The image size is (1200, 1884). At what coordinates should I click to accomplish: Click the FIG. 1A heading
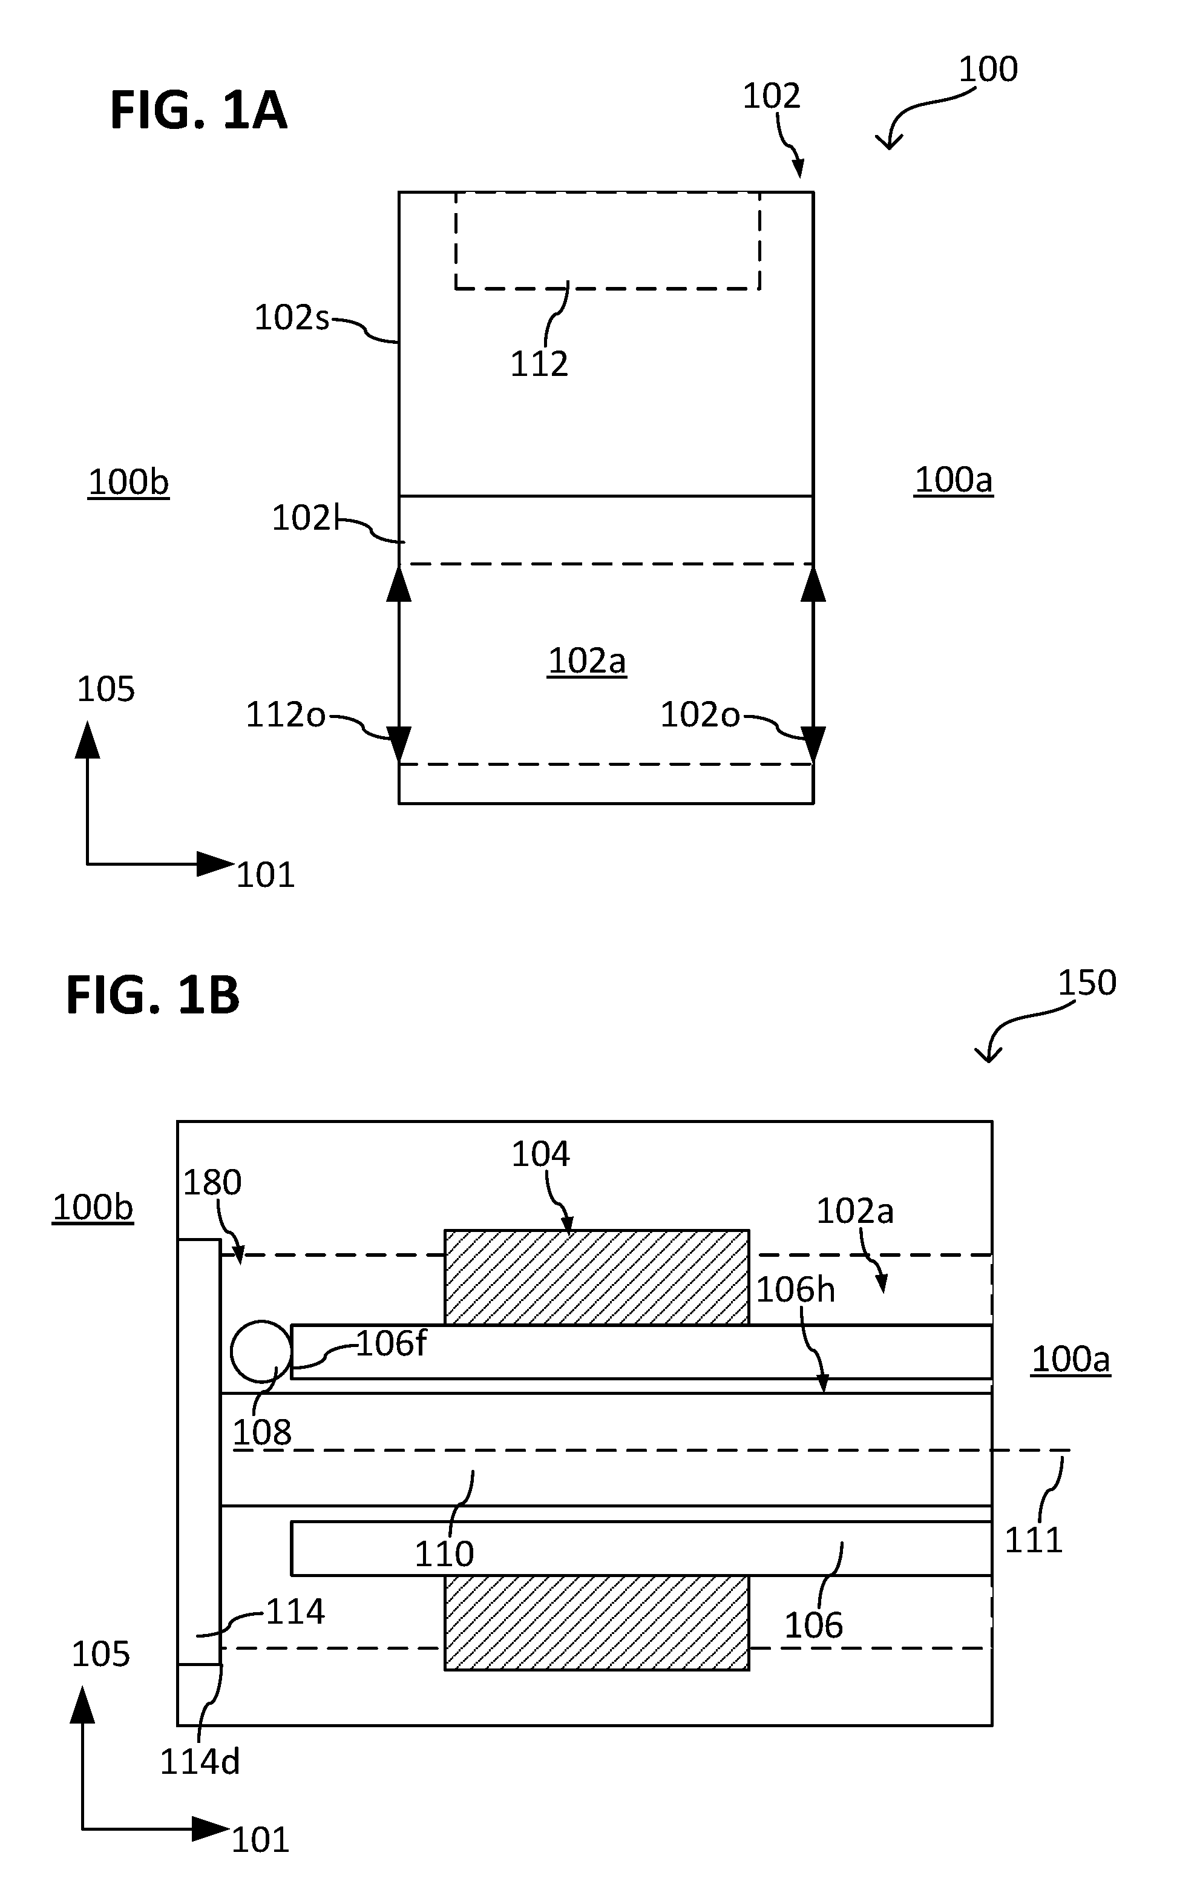point(198,110)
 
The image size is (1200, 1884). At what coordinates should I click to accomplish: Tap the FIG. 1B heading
point(152,995)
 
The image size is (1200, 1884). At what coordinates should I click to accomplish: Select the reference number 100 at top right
point(988,70)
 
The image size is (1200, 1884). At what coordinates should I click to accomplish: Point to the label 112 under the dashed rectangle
point(539,364)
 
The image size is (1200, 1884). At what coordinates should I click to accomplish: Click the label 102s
point(292,318)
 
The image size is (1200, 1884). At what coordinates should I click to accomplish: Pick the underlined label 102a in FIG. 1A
point(587,661)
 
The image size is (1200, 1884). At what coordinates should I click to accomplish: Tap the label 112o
point(286,714)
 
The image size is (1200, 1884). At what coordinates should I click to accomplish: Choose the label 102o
point(700,714)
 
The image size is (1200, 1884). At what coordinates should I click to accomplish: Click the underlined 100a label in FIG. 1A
point(954,479)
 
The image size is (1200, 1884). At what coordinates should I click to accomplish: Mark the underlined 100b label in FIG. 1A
point(128,482)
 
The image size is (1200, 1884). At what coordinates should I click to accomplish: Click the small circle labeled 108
point(261,1351)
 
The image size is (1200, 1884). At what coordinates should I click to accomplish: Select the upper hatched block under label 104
point(597,1277)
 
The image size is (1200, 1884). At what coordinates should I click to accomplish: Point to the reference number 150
point(1087,983)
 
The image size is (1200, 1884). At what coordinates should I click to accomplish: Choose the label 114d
point(200,1761)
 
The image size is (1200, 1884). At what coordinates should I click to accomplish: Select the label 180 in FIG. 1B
point(212,1182)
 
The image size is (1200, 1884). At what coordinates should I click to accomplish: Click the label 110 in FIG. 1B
point(444,1554)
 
